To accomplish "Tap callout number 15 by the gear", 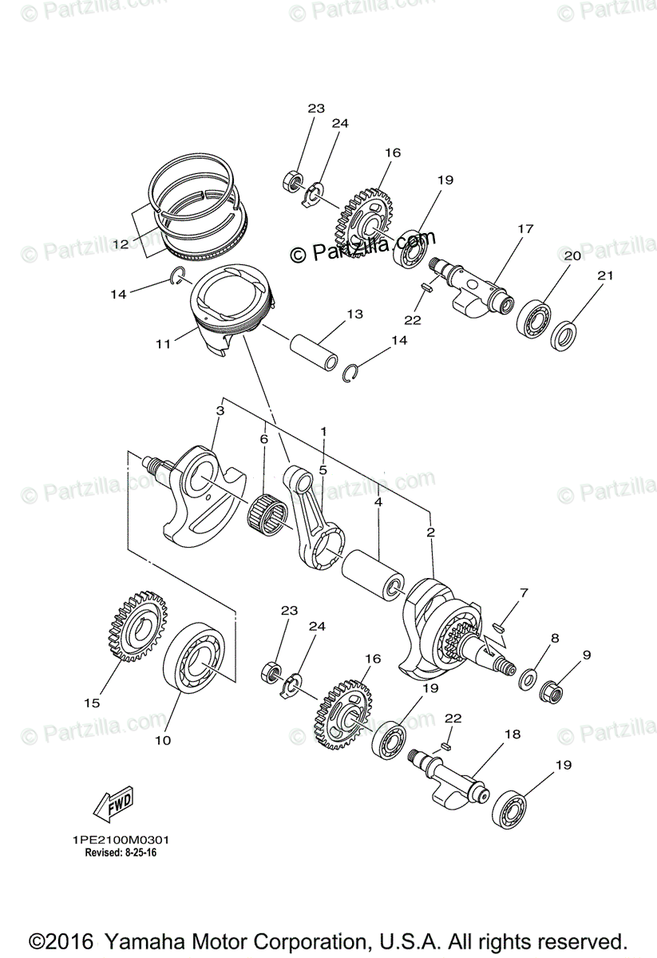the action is coord(92,703).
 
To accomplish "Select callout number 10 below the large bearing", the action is coord(162,740).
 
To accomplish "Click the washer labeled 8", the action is coord(528,680).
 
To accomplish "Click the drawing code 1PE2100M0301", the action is coord(120,840).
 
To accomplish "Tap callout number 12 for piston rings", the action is coord(121,243).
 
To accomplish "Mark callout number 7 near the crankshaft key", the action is coord(524,593).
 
